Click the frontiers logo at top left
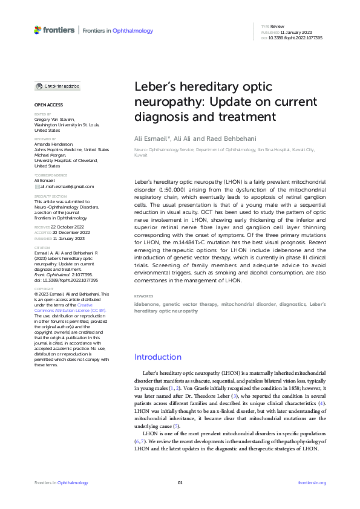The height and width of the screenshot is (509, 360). point(54,30)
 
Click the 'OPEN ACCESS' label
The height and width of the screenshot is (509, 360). point(48,105)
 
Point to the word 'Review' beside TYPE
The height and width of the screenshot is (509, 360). point(277,27)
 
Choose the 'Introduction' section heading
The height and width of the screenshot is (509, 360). point(157,357)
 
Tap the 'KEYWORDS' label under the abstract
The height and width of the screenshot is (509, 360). point(144,296)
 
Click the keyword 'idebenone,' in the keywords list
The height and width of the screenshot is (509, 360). point(147,304)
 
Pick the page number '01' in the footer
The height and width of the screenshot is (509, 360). point(180,482)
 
